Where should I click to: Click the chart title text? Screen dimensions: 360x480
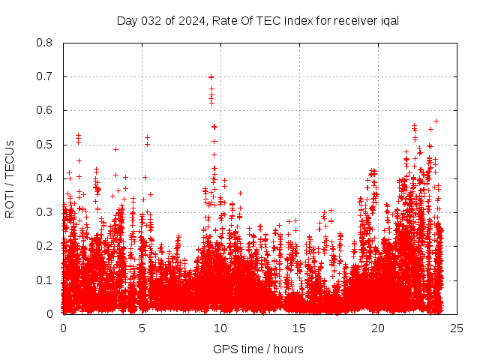click(x=257, y=20)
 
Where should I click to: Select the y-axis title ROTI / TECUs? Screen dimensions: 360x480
click(x=10, y=178)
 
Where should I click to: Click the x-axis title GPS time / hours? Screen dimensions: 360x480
click(x=258, y=349)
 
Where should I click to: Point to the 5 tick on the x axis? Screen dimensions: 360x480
click(x=142, y=328)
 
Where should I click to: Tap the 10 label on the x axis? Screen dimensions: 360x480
click(x=220, y=328)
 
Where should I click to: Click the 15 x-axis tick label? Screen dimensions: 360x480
click(x=299, y=328)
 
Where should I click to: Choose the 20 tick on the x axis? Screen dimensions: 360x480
click(x=378, y=328)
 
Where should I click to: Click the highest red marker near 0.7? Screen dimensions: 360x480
click(x=211, y=76)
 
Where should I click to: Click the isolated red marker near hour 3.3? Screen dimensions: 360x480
click(x=115, y=148)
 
